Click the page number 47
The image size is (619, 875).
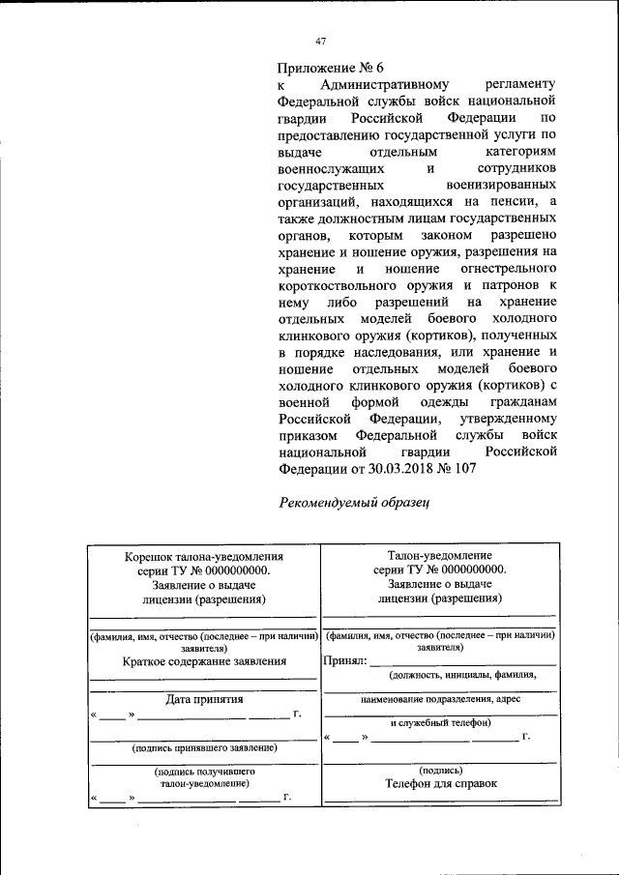tap(322, 41)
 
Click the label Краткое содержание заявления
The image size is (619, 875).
tap(205, 662)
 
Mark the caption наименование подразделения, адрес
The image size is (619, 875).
tap(441, 698)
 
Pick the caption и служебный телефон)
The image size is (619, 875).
tap(441, 722)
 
